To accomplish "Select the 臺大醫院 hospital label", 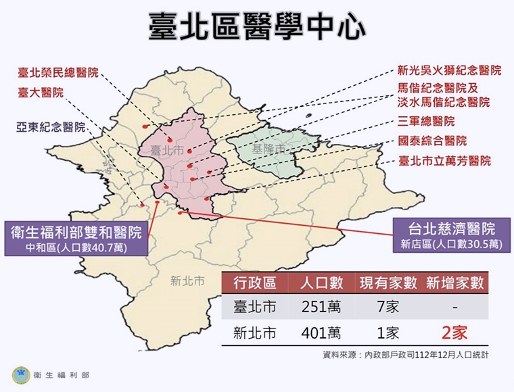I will [x=41, y=93].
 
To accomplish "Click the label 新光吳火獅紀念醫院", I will [x=449, y=70].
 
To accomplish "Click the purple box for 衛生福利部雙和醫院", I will [x=76, y=239].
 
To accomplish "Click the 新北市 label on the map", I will [x=187, y=280].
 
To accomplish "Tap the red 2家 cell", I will [x=453, y=333].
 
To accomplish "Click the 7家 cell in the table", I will [x=388, y=308].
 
